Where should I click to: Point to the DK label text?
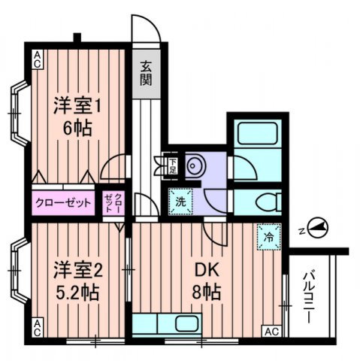point(207,271)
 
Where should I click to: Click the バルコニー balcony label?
point(308,297)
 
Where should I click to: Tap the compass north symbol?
point(317,227)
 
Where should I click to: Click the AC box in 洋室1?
point(37,59)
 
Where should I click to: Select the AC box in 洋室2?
point(37,328)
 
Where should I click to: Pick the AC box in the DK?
point(272,332)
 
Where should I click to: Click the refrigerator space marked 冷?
point(269,237)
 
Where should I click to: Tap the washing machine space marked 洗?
point(180,202)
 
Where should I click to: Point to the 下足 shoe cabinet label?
point(173,166)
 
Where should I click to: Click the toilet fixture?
point(268,202)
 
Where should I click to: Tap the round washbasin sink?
point(195,165)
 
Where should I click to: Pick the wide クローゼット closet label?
point(63,202)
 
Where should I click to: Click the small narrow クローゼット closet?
point(113,202)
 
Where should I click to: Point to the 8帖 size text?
point(207,292)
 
